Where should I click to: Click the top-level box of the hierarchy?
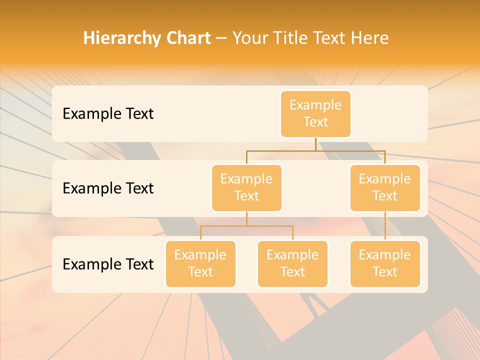[x=315, y=114]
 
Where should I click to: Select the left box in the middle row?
[x=246, y=188]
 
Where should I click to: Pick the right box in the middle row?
[x=385, y=188]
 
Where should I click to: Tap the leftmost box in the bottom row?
[x=200, y=264]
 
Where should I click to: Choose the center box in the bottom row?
[x=292, y=264]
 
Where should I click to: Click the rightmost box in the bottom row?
[x=385, y=264]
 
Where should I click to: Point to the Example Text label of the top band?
[x=108, y=114]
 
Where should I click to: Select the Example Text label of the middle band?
[x=108, y=188]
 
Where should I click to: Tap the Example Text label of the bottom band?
[x=108, y=264]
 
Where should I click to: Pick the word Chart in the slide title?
[x=187, y=38]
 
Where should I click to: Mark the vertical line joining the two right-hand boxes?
[x=385, y=226]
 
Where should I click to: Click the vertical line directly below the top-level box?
[x=315, y=144]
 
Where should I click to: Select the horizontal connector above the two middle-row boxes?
[x=315, y=150]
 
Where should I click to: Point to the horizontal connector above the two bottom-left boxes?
[x=246, y=226]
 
